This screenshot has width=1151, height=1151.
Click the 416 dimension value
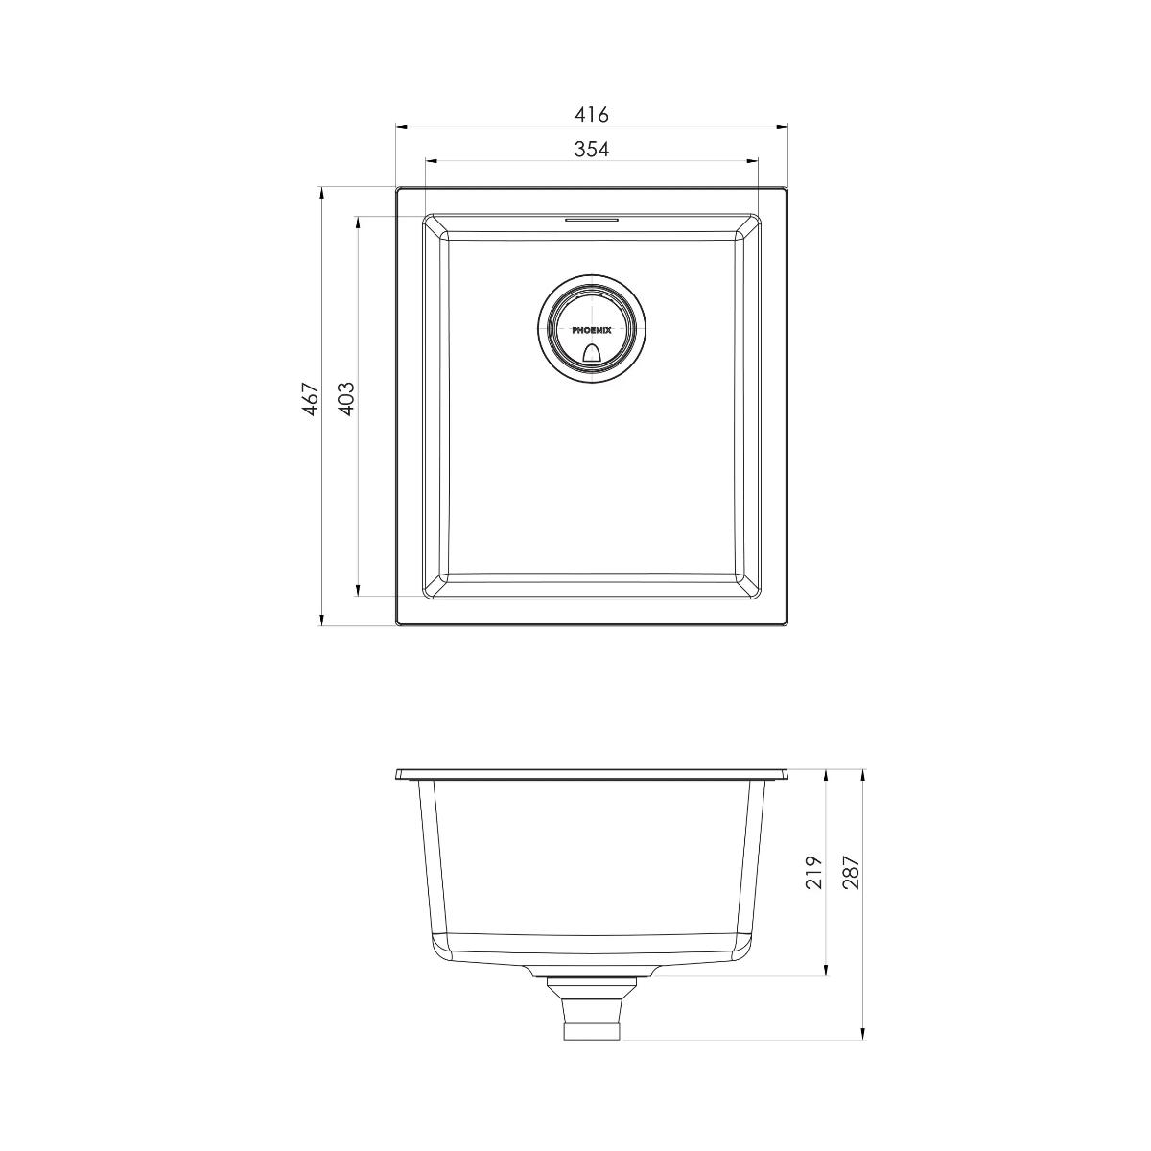click(x=592, y=115)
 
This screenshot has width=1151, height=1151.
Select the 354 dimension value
click(x=592, y=150)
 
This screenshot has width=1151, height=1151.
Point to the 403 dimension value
click(x=347, y=399)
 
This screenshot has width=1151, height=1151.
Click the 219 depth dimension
click(x=814, y=872)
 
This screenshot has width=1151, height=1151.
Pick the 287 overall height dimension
click(x=851, y=872)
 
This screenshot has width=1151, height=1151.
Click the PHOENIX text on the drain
click(x=592, y=329)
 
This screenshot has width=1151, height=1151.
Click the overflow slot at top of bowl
click(x=592, y=220)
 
